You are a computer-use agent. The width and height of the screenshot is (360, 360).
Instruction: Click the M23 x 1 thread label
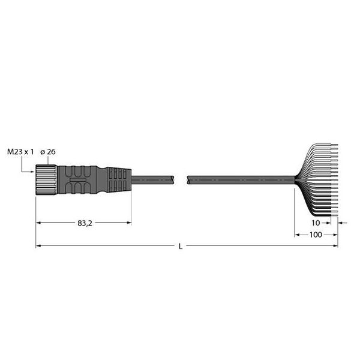(20, 152)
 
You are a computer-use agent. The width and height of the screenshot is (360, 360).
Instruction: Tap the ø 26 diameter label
(48, 152)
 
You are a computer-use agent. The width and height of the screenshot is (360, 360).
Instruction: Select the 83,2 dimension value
(85, 223)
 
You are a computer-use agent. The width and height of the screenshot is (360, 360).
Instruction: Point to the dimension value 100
(316, 235)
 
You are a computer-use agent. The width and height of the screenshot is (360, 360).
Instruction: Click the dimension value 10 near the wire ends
(316, 223)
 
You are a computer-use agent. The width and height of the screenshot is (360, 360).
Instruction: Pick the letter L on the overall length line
(181, 247)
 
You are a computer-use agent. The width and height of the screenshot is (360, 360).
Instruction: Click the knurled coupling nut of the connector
(46, 180)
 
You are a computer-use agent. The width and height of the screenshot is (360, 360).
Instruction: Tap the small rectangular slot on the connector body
(78, 180)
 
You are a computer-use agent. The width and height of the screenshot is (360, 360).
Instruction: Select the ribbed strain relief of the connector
(119, 180)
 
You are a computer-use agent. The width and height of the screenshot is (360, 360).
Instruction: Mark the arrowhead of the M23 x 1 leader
(32, 172)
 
